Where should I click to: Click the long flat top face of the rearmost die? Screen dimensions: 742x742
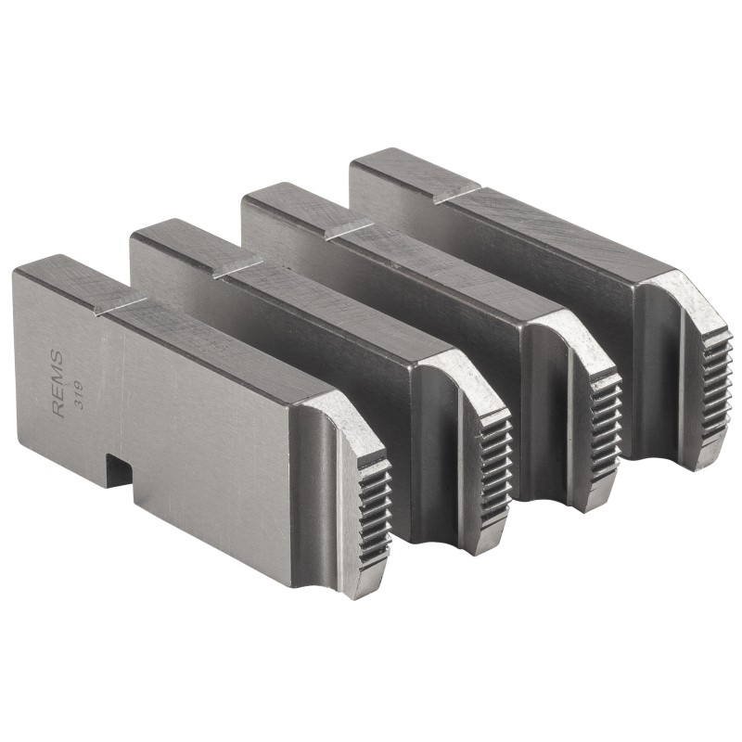coord(556,227)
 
